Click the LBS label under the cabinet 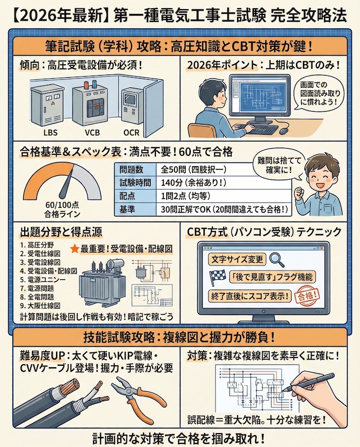coord(50,133)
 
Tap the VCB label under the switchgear coord(93,133)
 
